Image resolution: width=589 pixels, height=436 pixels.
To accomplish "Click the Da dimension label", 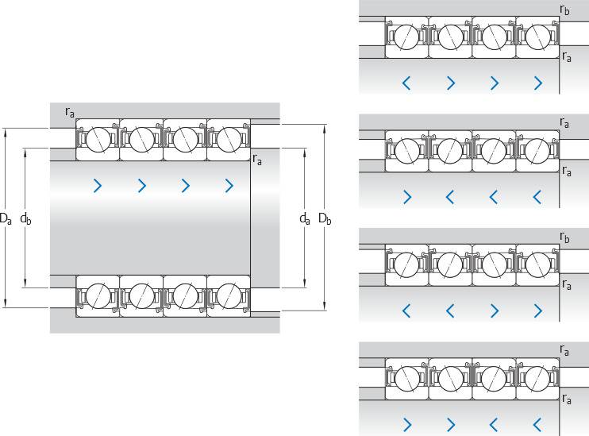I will tap(6, 217).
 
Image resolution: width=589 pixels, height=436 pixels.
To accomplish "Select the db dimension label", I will tap(25, 217).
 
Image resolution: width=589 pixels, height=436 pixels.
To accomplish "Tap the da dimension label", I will tap(305, 217).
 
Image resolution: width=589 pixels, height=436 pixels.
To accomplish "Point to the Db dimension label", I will tap(325, 217).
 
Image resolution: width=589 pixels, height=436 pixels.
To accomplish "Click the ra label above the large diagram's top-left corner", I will tap(70, 112).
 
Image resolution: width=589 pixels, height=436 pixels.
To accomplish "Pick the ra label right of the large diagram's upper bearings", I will tap(258, 159).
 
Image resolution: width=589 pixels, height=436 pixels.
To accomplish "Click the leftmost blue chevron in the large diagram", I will tap(98, 186).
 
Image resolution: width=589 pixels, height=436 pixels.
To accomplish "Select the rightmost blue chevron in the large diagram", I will tap(229, 186).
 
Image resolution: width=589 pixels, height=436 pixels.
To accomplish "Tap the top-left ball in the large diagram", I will tap(98, 140).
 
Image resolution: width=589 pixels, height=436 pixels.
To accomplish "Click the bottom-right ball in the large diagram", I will tap(229, 294).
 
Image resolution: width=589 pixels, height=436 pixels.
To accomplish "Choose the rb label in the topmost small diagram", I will tap(564, 10).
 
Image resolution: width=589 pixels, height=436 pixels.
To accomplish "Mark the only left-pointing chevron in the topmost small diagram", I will tap(407, 83).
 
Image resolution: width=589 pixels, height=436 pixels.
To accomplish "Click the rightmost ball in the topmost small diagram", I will tap(537, 37).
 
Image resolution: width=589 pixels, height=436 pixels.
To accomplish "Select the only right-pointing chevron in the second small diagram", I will tap(407, 195).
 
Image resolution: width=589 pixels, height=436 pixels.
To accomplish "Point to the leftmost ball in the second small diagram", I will tap(407, 150).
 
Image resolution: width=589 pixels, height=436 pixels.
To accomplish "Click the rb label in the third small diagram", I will tap(564, 237).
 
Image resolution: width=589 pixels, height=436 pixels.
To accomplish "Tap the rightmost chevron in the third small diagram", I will tap(538, 310).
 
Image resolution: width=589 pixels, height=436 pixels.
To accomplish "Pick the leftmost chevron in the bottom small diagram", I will tap(407, 422).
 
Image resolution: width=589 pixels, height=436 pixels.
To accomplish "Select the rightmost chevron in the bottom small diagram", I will tap(538, 422).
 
